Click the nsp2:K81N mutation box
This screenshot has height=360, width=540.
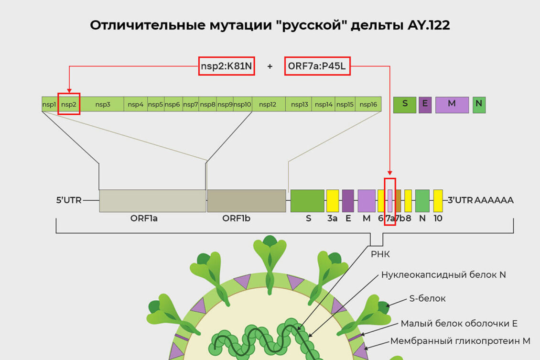pyautogui.click(x=227, y=66)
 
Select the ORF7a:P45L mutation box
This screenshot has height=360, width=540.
pyautogui.click(x=317, y=66)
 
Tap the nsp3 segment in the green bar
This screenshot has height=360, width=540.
pyautogui.click(x=102, y=104)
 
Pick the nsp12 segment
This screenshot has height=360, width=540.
pyautogui.click(x=268, y=104)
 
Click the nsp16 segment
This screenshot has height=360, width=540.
pyautogui.click(x=368, y=104)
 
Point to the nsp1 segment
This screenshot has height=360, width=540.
pyautogui.click(x=49, y=104)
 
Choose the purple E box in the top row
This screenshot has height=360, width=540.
pyautogui.click(x=425, y=105)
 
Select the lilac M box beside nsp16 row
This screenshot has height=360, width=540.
pyautogui.click(x=452, y=105)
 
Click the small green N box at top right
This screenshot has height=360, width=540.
pyautogui.click(x=479, y=105)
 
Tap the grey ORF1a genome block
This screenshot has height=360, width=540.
pyautogui.click(x=152, y=201)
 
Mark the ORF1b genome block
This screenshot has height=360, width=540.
pyautogui.click(x=246, y=201)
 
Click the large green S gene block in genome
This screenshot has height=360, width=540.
pyautogui.click(x=307, y=201)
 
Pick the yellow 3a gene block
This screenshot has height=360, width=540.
pyautogui.click(x=333, y=201)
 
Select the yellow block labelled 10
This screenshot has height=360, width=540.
pyautogui.click(x=438, y=201)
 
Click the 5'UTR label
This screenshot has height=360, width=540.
pyautogui.click(x=69, y=200)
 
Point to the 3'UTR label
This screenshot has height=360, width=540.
pyautogui.click(x=460, y=200)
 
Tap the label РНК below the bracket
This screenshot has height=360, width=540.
pyautogui.click(x=380, y=254)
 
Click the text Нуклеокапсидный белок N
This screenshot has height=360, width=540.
pyautogui.click(x=443, y=275)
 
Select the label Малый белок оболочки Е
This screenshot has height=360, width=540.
pyautogui.click(x=459, y=324)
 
